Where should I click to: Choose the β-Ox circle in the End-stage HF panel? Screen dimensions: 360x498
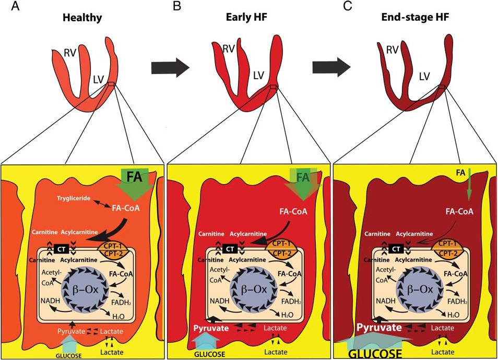coord(416,287)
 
